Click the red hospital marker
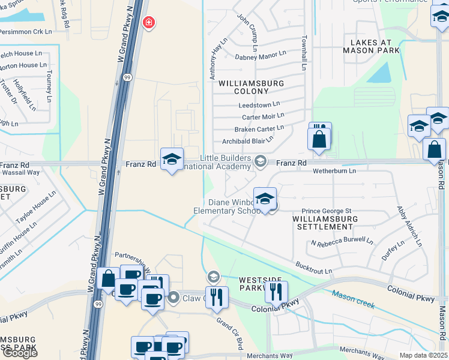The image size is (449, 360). [148, 23]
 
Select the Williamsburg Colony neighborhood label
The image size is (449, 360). [243, 86]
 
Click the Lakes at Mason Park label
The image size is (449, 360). [371, 46]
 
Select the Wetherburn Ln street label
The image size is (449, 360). [334, 170]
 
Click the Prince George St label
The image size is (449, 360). [326, 211]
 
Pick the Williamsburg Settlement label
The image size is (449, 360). [325, 223]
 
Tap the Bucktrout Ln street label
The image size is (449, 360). [313, 268]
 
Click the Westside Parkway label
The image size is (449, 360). [252, 284]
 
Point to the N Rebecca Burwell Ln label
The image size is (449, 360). [342, 242]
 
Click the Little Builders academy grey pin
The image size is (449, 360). [261, 160]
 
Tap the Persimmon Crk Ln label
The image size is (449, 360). [26, 31]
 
